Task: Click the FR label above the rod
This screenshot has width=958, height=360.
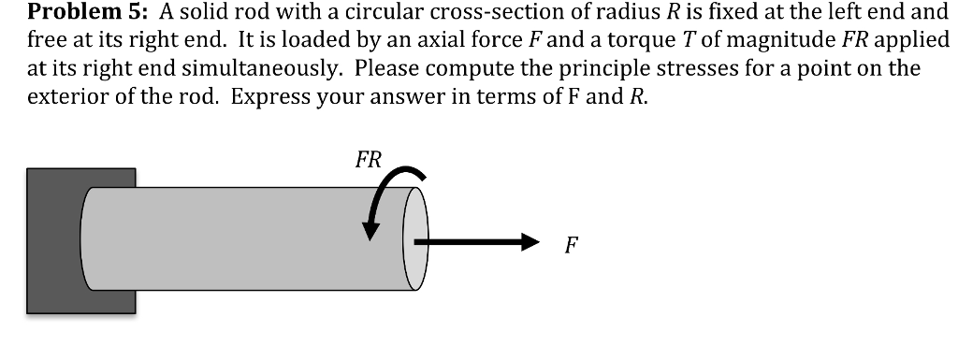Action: (369, 159)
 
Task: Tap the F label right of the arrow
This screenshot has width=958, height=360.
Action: (571, 246)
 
